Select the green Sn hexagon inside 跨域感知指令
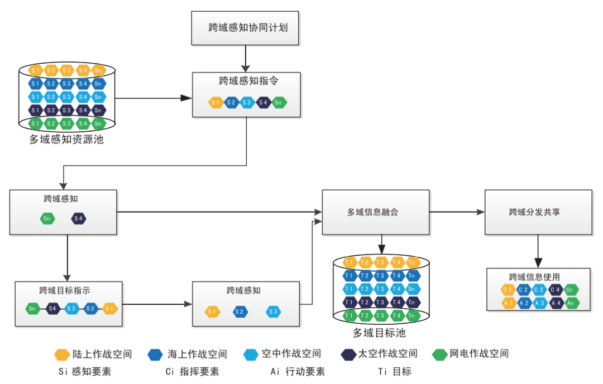279,102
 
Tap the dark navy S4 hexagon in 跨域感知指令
264,102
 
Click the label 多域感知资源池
66,140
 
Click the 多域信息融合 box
376,212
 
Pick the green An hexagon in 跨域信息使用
571,303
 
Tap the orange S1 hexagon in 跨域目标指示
110,308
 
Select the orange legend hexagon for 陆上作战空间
62,354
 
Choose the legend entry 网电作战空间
478,354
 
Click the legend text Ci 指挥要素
192,371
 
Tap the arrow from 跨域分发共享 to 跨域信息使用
537,251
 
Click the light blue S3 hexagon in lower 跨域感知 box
272,311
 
